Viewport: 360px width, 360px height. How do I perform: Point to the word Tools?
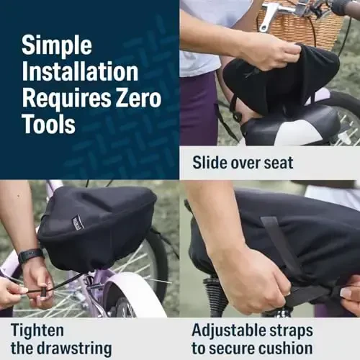pos(48,123)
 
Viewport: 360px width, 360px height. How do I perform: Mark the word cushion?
pos(287,348)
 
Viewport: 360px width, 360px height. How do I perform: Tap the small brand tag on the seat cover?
pos(78,222)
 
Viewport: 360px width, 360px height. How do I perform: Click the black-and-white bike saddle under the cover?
pos(288,130)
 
